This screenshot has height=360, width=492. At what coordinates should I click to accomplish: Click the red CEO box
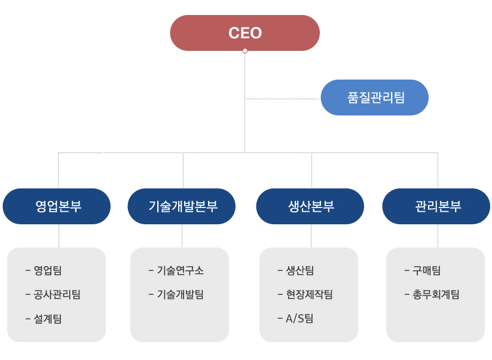point(245,33)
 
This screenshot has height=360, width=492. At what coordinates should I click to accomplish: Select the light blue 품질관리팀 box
point(374,97)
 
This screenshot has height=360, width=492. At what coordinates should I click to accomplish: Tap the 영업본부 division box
point(57,206)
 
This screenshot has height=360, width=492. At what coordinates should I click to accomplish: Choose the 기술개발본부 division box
point(182,206)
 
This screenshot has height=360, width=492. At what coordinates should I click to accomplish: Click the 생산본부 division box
point(310,206)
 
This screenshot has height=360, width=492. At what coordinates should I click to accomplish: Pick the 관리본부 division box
point(436,206)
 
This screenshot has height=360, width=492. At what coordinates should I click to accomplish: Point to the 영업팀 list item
point(47,270)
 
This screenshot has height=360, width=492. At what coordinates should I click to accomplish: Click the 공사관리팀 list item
point(57,294)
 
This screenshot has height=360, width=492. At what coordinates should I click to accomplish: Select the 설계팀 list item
point(47,319)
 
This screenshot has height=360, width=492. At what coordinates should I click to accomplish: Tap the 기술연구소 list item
point(180,270)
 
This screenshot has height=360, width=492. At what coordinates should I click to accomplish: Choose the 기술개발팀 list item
point(180,294)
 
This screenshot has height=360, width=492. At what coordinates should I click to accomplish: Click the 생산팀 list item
point(300,270)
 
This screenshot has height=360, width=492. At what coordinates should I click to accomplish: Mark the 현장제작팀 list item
point(309,294)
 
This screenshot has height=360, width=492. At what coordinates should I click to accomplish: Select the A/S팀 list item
point(300,319)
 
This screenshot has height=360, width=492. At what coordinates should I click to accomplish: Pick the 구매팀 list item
point(426,270)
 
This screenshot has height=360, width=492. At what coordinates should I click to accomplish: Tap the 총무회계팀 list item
point(436,294)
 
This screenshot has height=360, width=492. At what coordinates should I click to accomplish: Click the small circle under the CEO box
point(245,51)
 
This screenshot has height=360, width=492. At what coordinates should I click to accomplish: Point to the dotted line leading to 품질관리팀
point(281,99)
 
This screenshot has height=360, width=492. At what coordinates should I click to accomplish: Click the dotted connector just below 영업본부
point(59,236)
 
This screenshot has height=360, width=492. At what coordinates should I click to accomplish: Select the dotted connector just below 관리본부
point(438,236)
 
